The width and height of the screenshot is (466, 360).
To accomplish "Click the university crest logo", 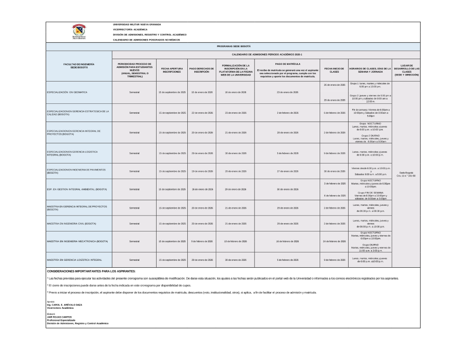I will click(79, 32).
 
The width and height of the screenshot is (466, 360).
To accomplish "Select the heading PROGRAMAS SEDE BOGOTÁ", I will click(233, 47).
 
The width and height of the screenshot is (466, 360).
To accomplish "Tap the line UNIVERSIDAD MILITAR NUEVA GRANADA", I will click(137, 24).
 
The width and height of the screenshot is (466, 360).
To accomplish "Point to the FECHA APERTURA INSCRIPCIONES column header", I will click(171, 70).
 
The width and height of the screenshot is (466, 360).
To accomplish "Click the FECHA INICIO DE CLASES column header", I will click(334, 70).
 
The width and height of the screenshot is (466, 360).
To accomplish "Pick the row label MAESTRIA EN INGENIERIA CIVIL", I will click(71, 224).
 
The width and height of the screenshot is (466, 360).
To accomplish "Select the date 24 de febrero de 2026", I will click(334, 241).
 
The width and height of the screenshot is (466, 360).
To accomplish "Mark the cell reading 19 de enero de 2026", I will click(201, 171).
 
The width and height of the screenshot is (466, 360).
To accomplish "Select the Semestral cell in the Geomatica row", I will click(134, 92).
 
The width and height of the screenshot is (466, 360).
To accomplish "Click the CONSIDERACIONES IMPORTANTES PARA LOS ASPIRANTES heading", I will click(91, 271).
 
